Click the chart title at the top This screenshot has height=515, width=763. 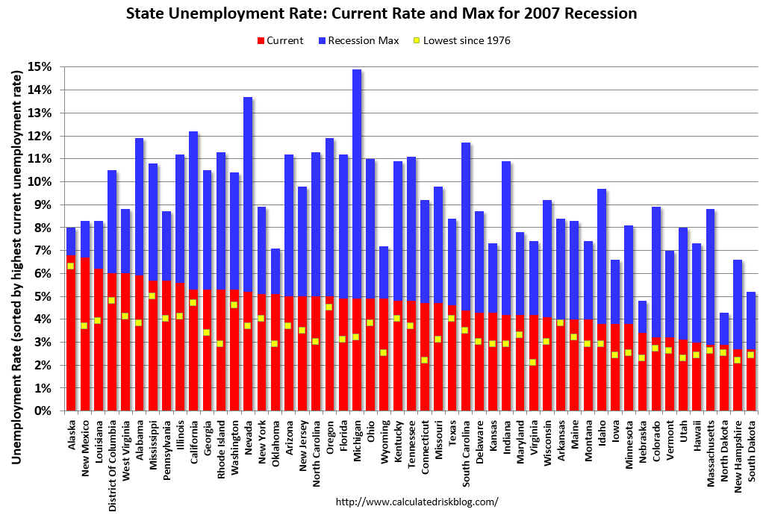tap(381, 13)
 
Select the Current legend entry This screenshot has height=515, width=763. tap(279, 40)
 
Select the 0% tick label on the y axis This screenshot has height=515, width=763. tap(44, 411)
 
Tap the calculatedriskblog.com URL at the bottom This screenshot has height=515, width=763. tap(417, 502)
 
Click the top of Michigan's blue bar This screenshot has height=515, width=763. tap(357, 70)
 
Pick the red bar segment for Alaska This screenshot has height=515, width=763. tap(71, 336)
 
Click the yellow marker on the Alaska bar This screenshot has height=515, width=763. tap(71, 266)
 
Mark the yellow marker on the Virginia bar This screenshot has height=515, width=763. tap(533, 363)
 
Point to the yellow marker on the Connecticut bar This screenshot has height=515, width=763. tap(424, 360)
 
